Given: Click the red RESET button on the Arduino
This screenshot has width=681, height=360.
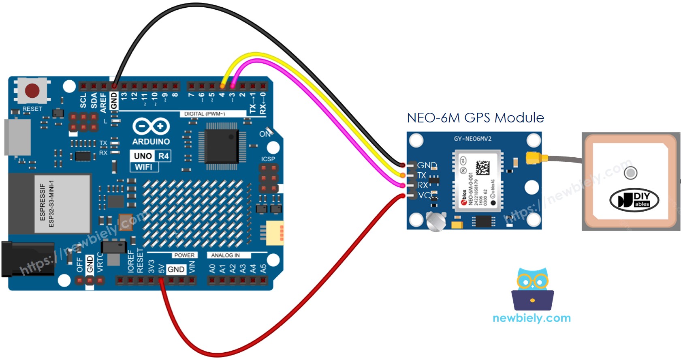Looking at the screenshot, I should coord(32,90).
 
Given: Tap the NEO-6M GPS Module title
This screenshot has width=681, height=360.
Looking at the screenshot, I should coord(475,118).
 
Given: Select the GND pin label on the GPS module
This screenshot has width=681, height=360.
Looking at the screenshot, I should coord(427,165).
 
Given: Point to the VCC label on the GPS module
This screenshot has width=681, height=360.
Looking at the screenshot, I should coord(427,195).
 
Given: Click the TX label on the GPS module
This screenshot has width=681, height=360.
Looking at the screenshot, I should coord(422,176).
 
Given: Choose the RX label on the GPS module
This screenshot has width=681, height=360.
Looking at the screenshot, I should coord(423,185).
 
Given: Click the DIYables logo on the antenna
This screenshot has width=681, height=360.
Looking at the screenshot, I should coord(634,200).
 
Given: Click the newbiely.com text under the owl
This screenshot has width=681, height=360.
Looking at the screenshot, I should coord(532,318).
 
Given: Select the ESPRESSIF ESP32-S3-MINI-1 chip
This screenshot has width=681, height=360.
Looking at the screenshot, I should coord(62,204).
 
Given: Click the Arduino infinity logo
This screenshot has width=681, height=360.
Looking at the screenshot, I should coord(151,126).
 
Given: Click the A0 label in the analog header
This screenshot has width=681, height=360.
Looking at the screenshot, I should coord(212,269).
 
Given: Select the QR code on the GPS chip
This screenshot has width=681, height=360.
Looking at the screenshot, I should coord(482,167).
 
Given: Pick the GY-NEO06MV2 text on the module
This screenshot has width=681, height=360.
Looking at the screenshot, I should coord(472,139).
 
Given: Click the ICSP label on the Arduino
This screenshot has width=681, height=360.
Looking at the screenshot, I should coord(268,159).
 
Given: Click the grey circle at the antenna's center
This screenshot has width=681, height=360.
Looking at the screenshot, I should coord(630,173).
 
